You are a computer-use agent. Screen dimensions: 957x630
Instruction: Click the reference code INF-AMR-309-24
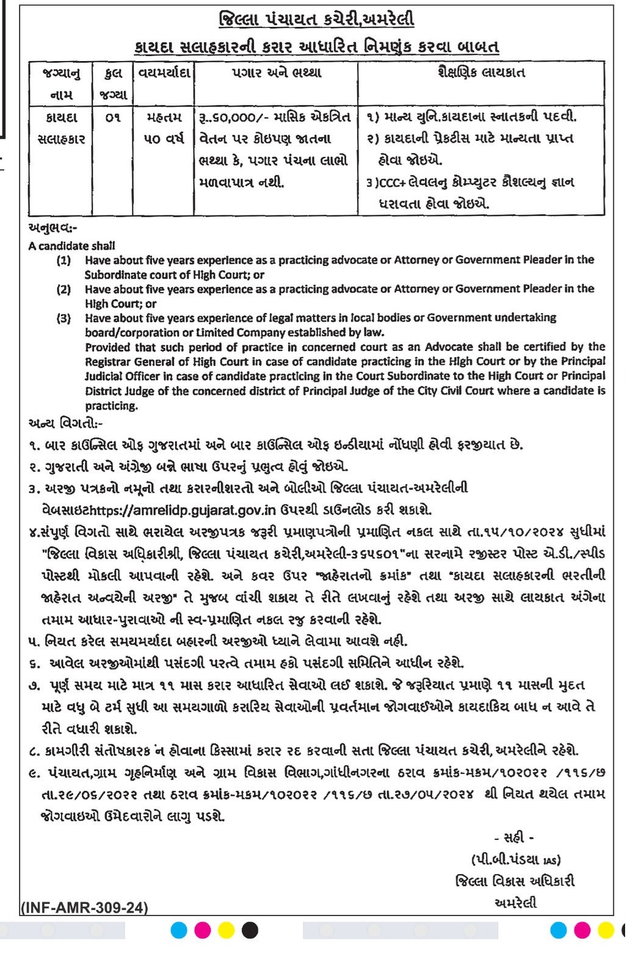84,908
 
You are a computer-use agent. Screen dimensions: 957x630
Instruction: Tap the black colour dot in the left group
250,930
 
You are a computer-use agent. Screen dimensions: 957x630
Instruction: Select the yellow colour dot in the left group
226,930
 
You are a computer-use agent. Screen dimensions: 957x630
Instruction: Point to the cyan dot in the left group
179,930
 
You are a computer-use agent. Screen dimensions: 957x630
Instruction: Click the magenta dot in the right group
582,930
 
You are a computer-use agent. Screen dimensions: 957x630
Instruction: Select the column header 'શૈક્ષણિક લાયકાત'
481,73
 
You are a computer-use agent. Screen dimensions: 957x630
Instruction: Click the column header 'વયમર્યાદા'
164,73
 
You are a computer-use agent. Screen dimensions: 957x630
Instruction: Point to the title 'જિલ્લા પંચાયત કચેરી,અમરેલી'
316,20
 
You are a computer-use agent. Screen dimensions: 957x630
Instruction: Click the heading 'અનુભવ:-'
53,228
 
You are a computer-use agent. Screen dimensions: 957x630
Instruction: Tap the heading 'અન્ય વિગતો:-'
66,423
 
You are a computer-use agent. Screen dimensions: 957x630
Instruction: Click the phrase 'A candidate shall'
71,246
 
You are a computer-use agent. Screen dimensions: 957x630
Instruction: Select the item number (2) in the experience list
64,289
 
